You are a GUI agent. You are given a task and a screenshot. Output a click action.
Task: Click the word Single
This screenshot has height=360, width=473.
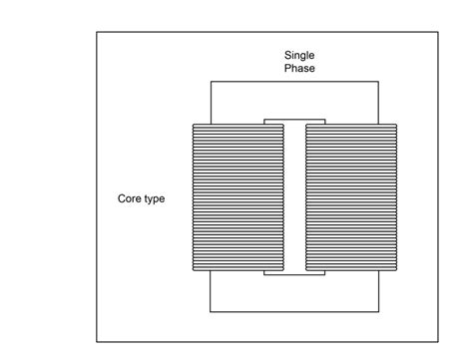pyautogui.click(x=299, y=56)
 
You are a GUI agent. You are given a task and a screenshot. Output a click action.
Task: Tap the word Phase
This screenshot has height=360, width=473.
pyautogui.click(x=299, y=69)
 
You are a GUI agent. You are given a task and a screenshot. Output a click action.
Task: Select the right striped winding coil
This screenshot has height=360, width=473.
pyautogui.click(x=350, y=197)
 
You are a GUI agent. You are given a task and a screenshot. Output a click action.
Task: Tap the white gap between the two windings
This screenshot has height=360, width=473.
pyautogui.click(x=294, y=197)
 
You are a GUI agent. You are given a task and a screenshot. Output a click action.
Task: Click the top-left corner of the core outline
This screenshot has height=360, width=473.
pyautogui.click(x=211, y=83)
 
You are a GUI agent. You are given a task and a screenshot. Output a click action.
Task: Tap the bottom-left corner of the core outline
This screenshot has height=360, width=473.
pyautogui.click(x=211, y=311)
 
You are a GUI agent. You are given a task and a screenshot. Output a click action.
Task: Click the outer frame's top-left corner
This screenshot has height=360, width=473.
pyautogui.click(x=97, y=32)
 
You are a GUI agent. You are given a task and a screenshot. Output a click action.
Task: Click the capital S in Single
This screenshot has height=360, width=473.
pyautogui.click(x=287, y=56)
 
